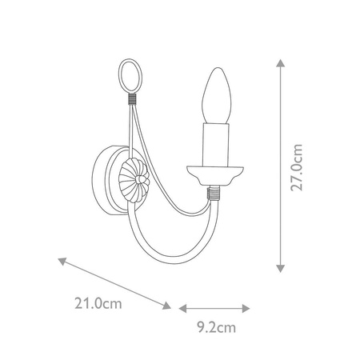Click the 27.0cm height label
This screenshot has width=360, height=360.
[297, 166]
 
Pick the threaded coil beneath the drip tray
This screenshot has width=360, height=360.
[213, 192]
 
